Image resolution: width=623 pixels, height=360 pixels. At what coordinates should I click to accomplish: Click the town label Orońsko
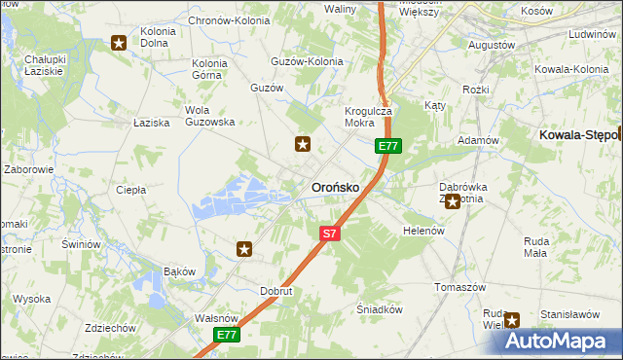(335, 187)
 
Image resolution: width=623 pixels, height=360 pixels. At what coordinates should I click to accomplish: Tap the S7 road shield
(330, 234)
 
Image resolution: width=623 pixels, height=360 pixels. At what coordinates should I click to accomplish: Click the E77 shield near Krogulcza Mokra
(388, 146)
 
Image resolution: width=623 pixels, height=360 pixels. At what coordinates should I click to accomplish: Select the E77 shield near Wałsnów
(227, 335)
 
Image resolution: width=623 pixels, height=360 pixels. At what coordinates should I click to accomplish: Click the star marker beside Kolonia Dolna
(119, 42)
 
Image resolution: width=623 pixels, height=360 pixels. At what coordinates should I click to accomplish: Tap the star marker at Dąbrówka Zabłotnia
(452, 201)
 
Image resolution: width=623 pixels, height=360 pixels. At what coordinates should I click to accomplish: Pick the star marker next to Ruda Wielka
(512, 318)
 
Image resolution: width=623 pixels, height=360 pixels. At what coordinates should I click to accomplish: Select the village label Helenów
(423, 231)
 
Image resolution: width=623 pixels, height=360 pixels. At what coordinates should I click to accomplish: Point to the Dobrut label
(277, 291)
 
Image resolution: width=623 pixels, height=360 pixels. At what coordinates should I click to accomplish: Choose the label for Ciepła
(130, 190)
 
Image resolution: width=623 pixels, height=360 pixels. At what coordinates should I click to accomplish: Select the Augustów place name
(492, 45)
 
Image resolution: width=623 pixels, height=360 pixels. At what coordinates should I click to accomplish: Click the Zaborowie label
(28, 168)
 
